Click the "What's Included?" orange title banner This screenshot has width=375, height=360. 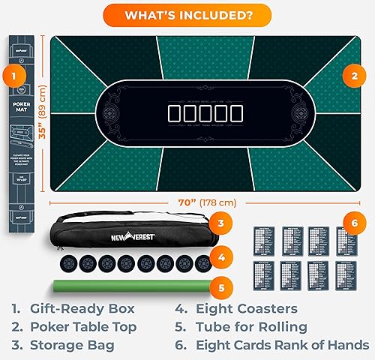[x=187, y=13]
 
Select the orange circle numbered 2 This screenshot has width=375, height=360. [x=352, y=75]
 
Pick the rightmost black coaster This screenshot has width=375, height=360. [x=202, y=264]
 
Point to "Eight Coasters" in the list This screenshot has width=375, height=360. [x=247, y=308]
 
